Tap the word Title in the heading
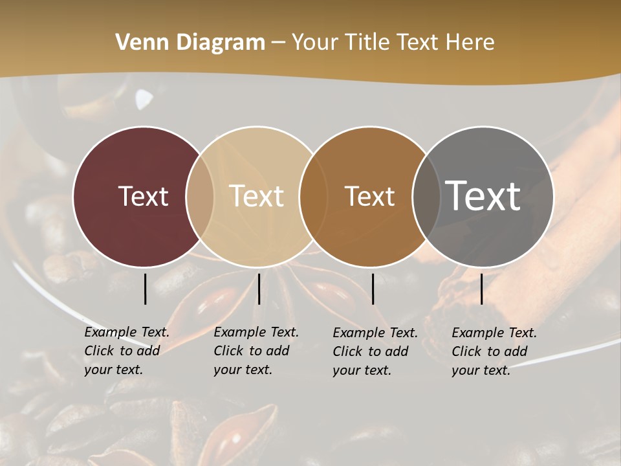tap(367, 43)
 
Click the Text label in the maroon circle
tap(143, 196)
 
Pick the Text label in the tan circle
tap(257, 196)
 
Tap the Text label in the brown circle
tap(369, 196)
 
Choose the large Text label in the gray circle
tap(483, 195)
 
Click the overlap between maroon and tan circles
tap(200, 197)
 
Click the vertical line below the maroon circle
tap(145, 289)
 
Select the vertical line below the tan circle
tap(259, 289)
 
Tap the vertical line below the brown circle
tap(373, 289)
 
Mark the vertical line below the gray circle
tap(481, 289)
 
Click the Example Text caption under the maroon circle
tap(126, 351)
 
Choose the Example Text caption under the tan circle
tap(256, 351)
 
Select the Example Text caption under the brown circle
tap(375, 351)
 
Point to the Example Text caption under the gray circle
tap(494, 351)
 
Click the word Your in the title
tap(315, 43)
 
